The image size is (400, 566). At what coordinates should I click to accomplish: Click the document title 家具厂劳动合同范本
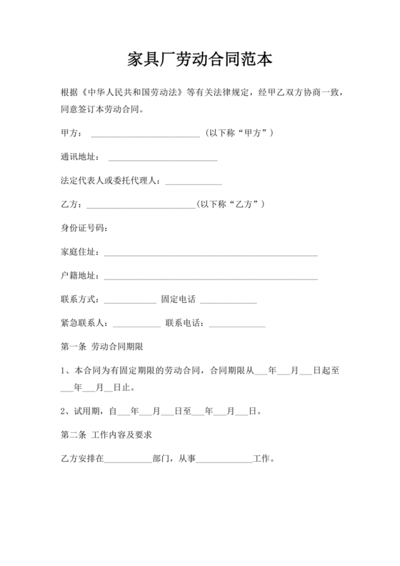pos(200,58)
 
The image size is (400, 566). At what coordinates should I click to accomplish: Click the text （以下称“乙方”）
pos(231,204)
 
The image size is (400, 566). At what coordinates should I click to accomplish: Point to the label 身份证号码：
pos(84,228)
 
